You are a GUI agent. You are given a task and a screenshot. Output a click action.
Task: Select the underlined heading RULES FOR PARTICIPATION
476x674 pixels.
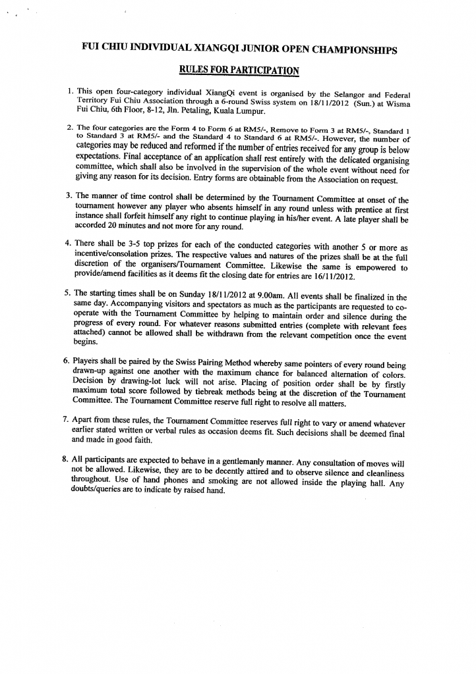coord(239,70)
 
